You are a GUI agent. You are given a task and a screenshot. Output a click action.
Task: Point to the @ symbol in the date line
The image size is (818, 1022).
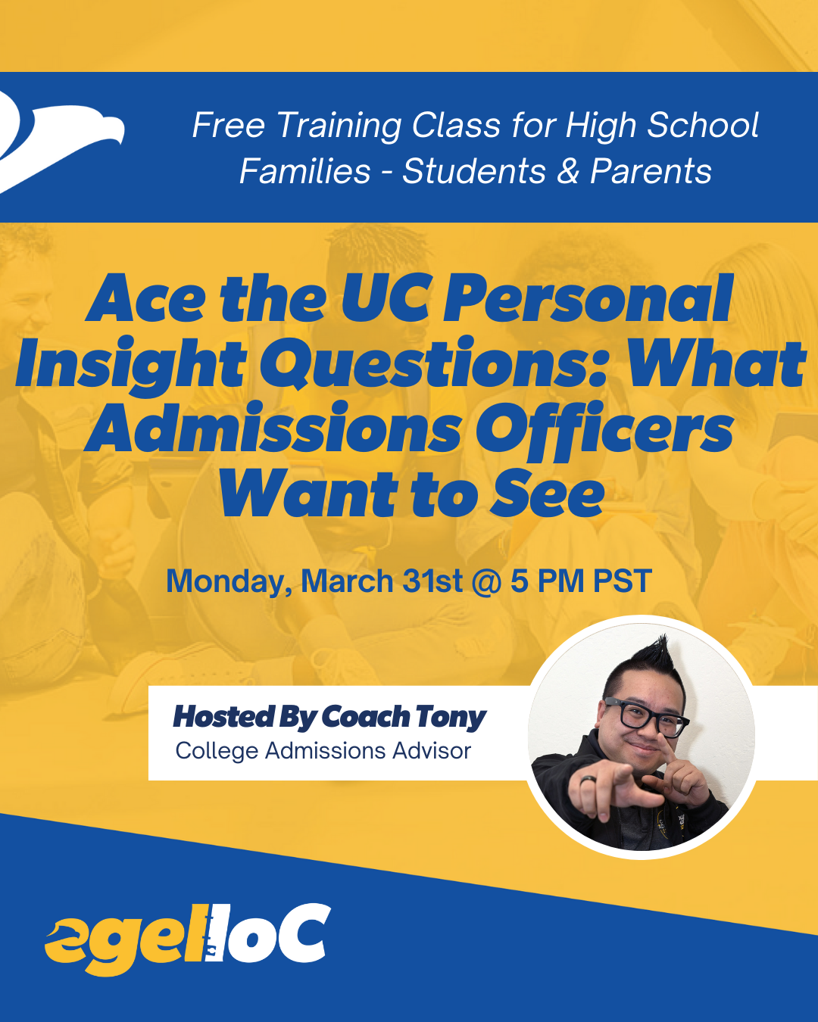(x=485, y=582)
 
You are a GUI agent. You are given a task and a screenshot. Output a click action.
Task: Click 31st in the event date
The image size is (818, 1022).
(x=432, y=581)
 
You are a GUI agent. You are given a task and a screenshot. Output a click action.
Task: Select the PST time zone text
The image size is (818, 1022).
(x=622, y=581)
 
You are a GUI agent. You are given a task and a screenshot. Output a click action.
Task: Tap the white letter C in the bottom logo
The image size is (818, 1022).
(x=302, y=933)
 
